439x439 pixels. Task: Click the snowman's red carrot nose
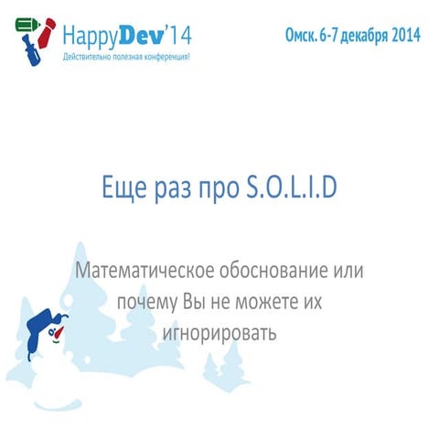(x=60, y=337)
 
